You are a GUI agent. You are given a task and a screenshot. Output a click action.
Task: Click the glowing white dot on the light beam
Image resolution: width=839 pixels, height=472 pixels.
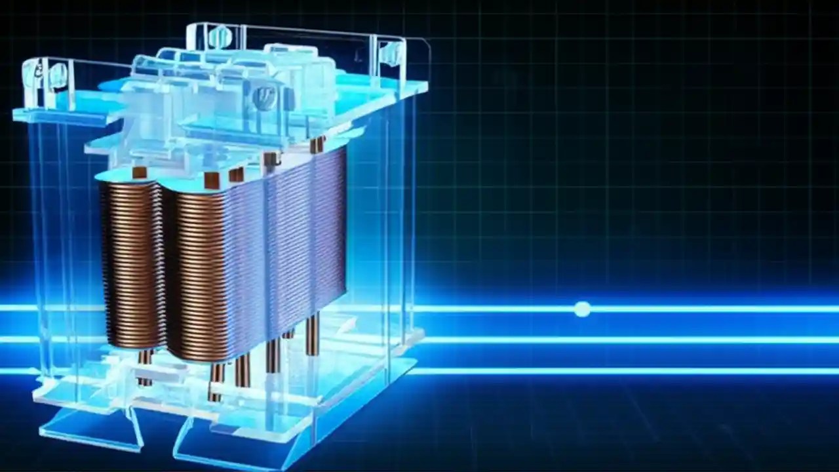(582, 309)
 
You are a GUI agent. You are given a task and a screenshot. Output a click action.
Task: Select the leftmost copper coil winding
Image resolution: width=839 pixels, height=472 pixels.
(131, 262)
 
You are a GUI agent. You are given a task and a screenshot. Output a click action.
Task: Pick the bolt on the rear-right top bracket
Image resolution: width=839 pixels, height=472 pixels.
(391, 52)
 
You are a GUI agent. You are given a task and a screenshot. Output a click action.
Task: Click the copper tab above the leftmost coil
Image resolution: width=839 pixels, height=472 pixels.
(139, 172)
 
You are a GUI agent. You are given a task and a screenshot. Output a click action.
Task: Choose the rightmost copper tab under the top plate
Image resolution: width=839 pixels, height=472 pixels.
(317, 144)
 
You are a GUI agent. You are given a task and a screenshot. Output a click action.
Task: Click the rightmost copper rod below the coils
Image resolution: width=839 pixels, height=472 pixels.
(312, 334)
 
